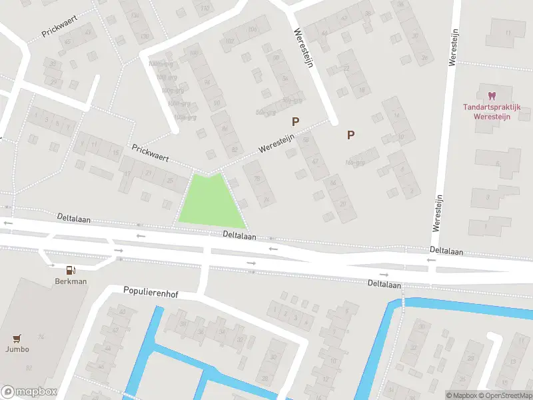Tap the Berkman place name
(x=71, y=281)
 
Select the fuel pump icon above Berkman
(x=71, y=269)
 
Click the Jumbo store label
(x=18, y=349)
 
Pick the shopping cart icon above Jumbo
(x=18, y=338)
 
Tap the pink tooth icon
(x=492, y=97)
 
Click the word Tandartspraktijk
(x=492, y=107)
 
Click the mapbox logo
(x=29, y=391)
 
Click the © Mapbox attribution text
(x=461, y=395)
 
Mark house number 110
(x=205, y=8)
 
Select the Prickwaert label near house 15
(x=150, y=154)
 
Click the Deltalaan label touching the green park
(x=240, y=235)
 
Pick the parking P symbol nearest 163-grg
(x=350, y=135)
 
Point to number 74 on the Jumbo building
(x=41, y=337)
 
